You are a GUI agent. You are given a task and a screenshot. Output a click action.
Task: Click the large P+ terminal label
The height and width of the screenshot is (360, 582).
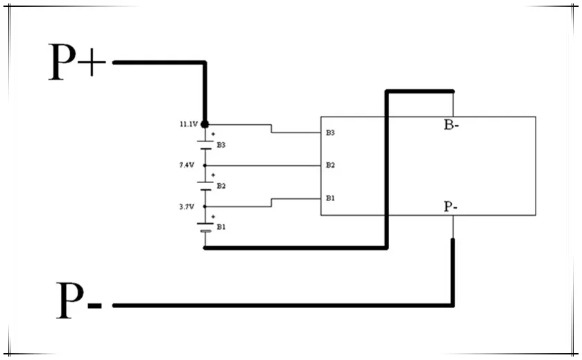pos(77,62)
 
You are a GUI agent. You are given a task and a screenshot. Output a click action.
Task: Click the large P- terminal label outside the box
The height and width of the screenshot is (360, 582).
pos(79,300)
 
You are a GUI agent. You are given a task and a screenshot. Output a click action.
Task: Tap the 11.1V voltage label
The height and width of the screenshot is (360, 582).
pos(189,124)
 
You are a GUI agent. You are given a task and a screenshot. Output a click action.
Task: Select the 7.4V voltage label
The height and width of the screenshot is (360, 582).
pos(187,165)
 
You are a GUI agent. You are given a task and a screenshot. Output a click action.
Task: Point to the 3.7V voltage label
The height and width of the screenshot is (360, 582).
pos(187,207)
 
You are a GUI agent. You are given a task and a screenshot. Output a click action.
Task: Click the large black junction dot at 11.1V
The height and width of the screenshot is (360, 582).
pos(205,124)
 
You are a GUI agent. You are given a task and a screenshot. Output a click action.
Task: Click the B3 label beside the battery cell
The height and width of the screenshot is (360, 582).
pos(221,145)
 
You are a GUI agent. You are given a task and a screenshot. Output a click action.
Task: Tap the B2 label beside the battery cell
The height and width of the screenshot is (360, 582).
pos(221,186)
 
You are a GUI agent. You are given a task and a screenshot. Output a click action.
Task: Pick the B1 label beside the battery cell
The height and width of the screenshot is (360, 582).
pos(221,227)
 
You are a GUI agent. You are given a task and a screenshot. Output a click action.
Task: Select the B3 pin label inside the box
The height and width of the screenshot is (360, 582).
pos(330,132)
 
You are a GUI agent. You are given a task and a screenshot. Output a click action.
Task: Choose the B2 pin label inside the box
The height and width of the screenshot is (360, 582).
pos(330,165)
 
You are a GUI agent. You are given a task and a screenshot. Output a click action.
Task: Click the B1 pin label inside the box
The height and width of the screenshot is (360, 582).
pos(330,198)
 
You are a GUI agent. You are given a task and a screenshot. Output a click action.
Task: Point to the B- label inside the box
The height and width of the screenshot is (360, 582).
pos(451,125)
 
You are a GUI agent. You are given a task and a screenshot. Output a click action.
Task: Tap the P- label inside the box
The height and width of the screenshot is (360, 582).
pos(451,206)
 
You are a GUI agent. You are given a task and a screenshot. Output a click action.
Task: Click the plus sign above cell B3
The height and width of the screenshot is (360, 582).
pos(213,134)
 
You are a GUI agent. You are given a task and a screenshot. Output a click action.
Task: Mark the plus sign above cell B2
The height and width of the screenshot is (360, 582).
pos(213,175)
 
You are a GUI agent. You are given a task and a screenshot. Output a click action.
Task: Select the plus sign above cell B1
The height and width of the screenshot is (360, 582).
pos(213,216)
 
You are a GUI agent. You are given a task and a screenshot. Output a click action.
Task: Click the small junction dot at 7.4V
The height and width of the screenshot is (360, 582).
pos(205,166)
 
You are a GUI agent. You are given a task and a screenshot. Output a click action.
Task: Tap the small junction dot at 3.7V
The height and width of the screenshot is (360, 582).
pos(205,207)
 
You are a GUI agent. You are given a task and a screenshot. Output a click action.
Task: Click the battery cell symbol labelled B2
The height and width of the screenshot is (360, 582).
pos(205,186)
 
